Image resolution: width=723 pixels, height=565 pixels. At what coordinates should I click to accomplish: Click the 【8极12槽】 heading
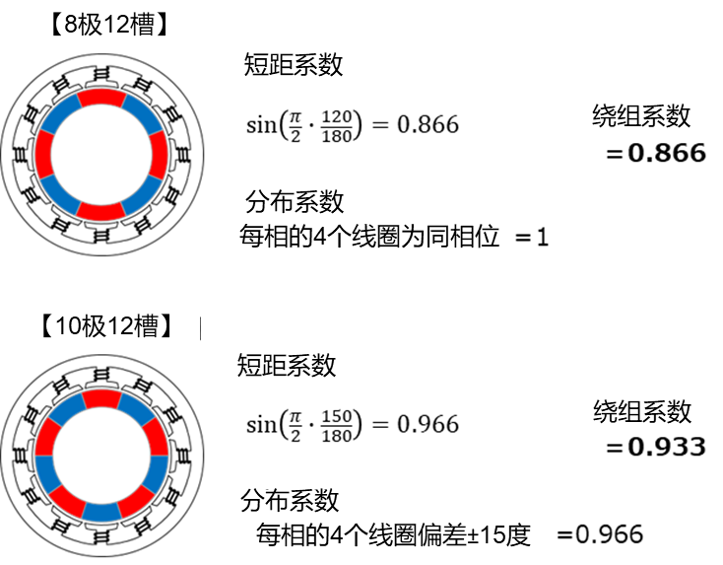coord(108,28)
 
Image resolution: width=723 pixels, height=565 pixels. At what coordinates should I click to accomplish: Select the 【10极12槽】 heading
coord(106,328)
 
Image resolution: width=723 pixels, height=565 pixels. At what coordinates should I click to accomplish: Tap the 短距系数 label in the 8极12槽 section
coord(293,67)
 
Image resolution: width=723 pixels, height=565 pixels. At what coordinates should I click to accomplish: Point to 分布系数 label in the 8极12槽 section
coord(294,203)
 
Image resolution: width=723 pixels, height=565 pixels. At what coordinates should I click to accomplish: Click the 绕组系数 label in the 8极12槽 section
coord(641,118)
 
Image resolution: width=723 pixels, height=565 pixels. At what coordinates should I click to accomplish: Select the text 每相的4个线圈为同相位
coord(369,238)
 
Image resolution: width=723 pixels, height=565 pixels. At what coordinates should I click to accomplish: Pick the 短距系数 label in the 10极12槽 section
coord(287,368)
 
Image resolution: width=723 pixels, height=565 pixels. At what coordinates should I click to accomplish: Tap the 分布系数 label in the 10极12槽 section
coord(290,502)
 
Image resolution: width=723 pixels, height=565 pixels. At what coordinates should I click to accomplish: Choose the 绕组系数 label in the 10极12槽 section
coord(642,414)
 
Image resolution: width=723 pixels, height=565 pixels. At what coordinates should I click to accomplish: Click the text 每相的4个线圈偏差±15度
coord(393,536)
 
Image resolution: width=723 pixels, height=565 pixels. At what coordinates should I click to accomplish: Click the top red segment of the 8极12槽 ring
coord(101,97)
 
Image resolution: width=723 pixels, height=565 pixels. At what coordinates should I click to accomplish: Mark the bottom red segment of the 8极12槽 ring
coord(101,211)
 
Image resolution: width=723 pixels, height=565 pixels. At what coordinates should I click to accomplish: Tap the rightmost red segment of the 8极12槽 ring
coord(159,154)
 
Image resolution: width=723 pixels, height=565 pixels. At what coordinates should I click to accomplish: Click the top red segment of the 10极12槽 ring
coord(101,397)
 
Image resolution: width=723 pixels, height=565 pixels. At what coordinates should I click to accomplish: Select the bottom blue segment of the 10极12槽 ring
coord(101,512)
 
